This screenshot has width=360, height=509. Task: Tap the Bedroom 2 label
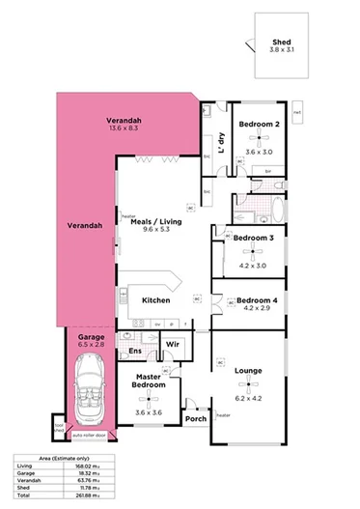pyautogui.click(x=259, y=124)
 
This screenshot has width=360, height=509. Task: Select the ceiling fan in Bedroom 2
pyautogui.click(x=259, y=137)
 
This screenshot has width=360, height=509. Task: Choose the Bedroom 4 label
pyautogui.click(x=257, y=300)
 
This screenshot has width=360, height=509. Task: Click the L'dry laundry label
pyautogui.click(x=223, y=144)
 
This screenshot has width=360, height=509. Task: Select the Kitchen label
pyautogui.click(x=156, y=300)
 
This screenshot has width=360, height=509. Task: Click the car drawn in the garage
pyautogui.click(x=89, y=386)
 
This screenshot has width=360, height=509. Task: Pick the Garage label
pyautogui.click(x=91, y=337)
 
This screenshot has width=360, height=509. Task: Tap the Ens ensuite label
pyautogui.click(x=135, y=352)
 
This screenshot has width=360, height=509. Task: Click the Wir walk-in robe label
pyautogui.click(x=173, y=344)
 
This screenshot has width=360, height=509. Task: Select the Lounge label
pyautogui.click(x=249, y=369)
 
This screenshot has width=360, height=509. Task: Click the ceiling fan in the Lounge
pyautogui.click(x=248, y=382)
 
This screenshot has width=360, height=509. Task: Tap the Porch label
pyautogui.click(x=195, y=419)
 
